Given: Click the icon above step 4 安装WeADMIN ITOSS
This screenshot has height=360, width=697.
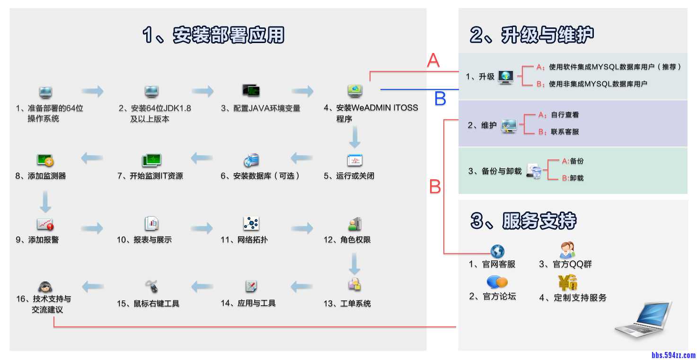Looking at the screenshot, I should (x=355, y=90).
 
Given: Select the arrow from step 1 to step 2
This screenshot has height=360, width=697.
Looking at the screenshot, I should (x=92, y=91).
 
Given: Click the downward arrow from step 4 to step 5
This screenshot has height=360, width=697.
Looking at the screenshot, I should (x=354, y=138).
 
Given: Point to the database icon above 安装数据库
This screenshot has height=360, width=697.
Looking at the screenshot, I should (x=251, y=160).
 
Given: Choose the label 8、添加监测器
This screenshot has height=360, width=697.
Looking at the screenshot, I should (x=41, y=176).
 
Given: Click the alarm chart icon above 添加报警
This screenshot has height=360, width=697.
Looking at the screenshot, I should (x=45, y=224).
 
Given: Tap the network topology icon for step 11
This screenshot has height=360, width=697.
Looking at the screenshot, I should (x=251, y=223).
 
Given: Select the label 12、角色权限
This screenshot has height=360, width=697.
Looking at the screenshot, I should (x=347, y=240).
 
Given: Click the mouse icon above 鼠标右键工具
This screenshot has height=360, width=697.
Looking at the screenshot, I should (x=152, y=286).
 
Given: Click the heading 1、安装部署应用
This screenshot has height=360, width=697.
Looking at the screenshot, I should (x=213, y=35).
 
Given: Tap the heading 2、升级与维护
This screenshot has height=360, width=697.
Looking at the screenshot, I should (x=532, y=35).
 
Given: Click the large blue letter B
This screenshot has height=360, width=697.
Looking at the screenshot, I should (x=440, y=98).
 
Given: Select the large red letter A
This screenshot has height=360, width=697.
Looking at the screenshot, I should (x=433, y=61).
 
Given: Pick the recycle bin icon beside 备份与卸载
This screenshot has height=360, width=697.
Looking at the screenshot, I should (x=535, y=172).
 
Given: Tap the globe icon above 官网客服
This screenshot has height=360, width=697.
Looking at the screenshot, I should (x=497, y=251).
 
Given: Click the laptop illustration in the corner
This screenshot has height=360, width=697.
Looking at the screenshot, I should (x=644, y=319).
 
